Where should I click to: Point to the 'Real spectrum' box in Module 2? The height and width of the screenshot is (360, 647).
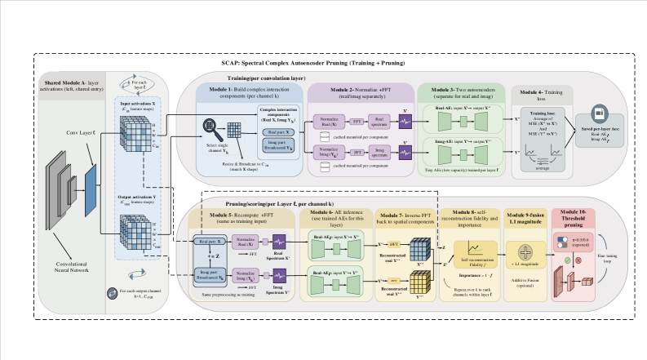click(379, 119)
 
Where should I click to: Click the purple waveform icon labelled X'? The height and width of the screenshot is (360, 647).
click(406, 120)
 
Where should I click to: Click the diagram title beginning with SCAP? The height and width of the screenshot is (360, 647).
click(324, 63)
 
